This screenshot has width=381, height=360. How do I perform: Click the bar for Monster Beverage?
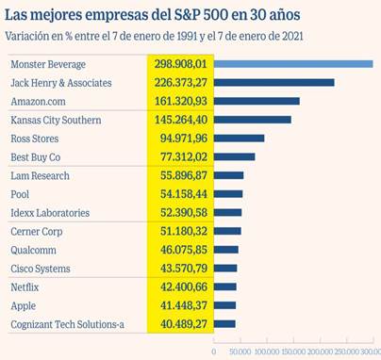click(293, 64)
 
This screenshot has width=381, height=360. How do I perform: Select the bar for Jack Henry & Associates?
click(273, 83)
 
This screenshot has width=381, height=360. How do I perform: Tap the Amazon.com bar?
click(257, 101)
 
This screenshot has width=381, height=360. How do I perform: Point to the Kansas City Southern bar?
click(252, 120)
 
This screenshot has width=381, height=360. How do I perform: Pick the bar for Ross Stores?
click(239, 139)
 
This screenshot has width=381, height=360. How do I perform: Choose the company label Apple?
click(24, 305)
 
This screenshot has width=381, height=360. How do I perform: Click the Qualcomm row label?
click(34, 250)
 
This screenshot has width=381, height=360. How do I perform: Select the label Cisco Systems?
click(41, 269)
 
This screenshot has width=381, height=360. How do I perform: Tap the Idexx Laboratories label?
click(50, 213)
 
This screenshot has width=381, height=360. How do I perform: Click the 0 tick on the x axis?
click(214, 351)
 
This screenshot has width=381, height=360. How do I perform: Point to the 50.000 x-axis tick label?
click(240, 351)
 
